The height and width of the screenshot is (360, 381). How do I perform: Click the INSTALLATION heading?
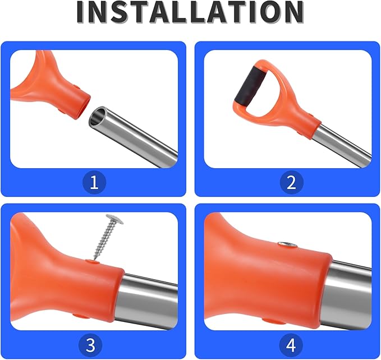coord(190,12)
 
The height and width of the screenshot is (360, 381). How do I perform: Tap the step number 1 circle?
coord(94,182)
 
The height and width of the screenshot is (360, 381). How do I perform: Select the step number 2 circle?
coord(291,182)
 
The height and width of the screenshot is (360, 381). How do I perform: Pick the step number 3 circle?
coord(90,345)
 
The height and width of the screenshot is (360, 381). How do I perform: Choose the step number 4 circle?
coord(291,345)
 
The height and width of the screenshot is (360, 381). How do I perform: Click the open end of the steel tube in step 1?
coord(98,117)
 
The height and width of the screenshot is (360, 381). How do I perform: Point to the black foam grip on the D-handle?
coord(250,85)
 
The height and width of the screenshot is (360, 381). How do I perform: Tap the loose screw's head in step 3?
coord(114,219)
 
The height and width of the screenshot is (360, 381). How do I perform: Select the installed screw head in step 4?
coord(287,244)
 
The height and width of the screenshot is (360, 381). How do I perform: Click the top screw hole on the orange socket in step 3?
coord(93,262)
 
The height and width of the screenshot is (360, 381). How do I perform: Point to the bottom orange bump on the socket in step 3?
coord(81,316)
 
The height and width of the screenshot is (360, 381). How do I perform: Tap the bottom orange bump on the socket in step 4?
coord(274,321)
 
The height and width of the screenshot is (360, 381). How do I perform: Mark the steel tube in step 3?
coord(146,301)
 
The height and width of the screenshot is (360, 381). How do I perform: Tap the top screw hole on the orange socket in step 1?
coord(76,86)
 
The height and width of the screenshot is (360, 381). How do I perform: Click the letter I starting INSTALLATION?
coord(81,12)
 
